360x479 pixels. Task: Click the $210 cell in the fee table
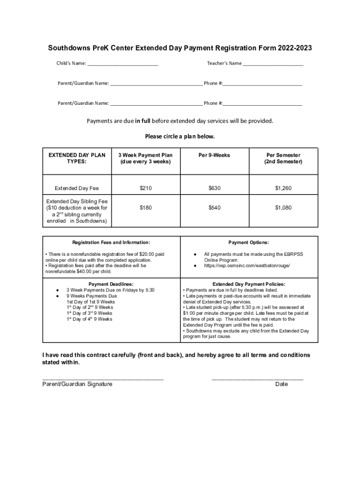[x=145, y=188]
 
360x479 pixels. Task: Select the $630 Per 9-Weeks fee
[x=214, y=188]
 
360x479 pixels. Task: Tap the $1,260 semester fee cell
[x=283, y=188]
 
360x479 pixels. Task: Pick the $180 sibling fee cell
[x=145, y=207]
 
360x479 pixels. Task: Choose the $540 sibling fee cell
[x=214, y=207]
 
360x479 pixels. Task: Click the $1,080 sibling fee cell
[x=283, y=207]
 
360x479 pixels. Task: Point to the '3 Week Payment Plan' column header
[x=145, y=158]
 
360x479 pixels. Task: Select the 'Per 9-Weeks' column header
[x=214, y=155]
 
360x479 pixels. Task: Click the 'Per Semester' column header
[x=283, y=158]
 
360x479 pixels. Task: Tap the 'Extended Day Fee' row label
[x=77, y=189]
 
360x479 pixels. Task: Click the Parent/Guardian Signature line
[x=103, y=378]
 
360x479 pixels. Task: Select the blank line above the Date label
[x=258, y=378]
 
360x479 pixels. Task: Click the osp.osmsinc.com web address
[x=247, y=266]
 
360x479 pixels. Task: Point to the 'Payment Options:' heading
[x=248, y=243]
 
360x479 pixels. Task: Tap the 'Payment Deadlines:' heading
[x=111, y=284]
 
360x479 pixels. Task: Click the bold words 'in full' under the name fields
[x=143, y=121]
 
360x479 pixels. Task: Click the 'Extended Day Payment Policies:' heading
[x=249, y=284]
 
